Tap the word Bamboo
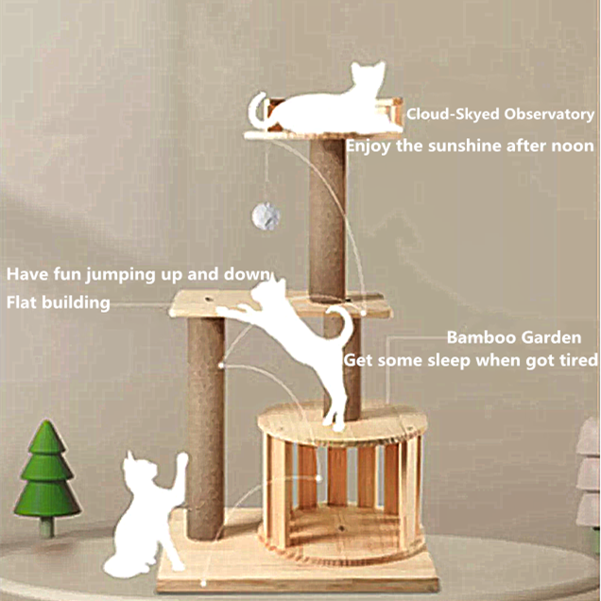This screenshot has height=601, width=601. (479, 337)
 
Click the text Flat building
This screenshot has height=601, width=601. (58, 302)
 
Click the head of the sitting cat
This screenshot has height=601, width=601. (137, 469)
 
